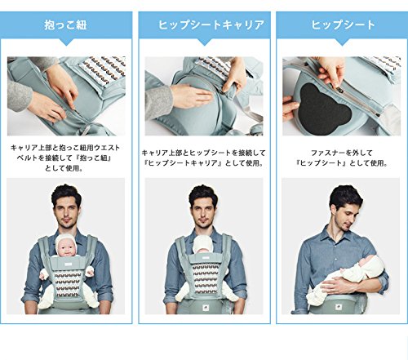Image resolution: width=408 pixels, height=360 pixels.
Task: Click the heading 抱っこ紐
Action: [x=65, y=24]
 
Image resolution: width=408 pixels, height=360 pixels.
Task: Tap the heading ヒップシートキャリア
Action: [x=211, y=24]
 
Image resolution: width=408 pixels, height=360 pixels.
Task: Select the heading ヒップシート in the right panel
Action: [x=343, y=24]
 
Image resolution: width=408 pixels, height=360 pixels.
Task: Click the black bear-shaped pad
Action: [x=325, y=109]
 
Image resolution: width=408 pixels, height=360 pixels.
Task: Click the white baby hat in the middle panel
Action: [x=202, y=243]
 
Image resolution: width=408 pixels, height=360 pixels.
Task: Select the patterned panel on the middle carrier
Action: [x=206, y=279]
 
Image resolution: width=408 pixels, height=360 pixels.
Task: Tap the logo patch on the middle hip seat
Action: [x=206, y=307]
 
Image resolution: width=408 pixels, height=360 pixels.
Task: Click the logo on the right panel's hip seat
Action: [x=339, y=306]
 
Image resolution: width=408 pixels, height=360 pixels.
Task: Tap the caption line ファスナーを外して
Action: [x=342, y=153]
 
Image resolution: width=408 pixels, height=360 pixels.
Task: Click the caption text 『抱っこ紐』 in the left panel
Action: [x=93, y=158]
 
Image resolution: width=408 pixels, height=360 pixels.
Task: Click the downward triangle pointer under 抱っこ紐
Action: [x=65, y=42]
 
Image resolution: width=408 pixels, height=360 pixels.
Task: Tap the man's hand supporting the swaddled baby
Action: [x=336, y=287]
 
